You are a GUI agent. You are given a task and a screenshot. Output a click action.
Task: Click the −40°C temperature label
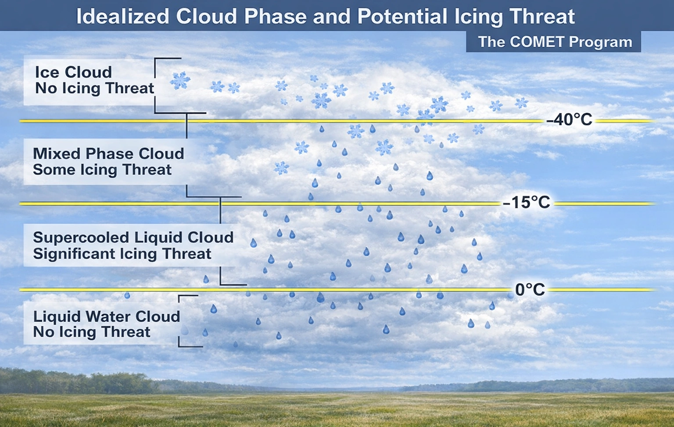pyautogui.click(x=569, y=119)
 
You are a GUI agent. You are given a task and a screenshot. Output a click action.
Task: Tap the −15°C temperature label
pyautogui.click(x=526, y=202)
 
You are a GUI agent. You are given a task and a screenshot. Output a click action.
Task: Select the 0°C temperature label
pyautogui.click(x=530, y=290)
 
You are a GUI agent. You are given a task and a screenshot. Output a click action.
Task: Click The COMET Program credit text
pyautogui.click(x=555, y=42)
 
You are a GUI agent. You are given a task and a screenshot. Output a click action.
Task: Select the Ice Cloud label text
pyautogui.click(x=73, y=72)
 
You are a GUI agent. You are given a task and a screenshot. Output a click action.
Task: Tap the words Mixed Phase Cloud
pyautogui.click(x=108, y=154)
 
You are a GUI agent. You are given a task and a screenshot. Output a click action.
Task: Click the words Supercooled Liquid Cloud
pyautogui.click(x=133, y=237)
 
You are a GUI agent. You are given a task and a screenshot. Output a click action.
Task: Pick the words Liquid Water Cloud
pyautogui.click(x=107, y=316)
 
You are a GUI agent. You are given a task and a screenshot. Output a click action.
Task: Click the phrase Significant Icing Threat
pyautogui.click(x=122, y=253)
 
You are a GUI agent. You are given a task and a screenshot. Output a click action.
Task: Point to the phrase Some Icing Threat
pyautogui.click(x=102, y=169)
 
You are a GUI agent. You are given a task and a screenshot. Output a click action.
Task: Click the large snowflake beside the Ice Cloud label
pyautogui.click(x=180, y=80)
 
